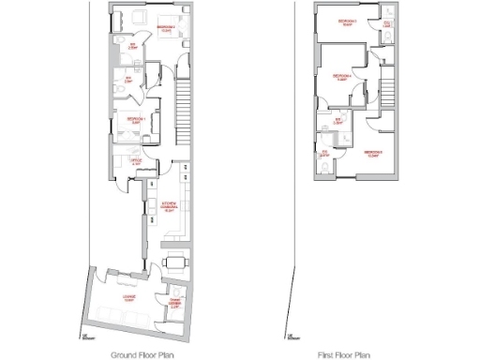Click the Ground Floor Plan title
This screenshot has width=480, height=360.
pyautogui.click(x=142, y=355)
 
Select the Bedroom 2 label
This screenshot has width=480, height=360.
pyautogui.click(x=169, y=28)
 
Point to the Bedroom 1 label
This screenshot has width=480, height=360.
pyautogui.click(x=136, y=120)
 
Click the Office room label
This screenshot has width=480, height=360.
pyautogui.click(x=137, y=161)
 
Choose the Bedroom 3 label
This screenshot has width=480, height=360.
pyautogui.click(x=346, y=22)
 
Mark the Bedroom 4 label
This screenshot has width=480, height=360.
pyautogui.click(x=342, y=77)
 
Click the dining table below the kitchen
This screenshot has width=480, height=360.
pyautogui.click(x=175, y=262)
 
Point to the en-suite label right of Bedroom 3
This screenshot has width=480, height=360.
pyautogui.click(x=387, y=25)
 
